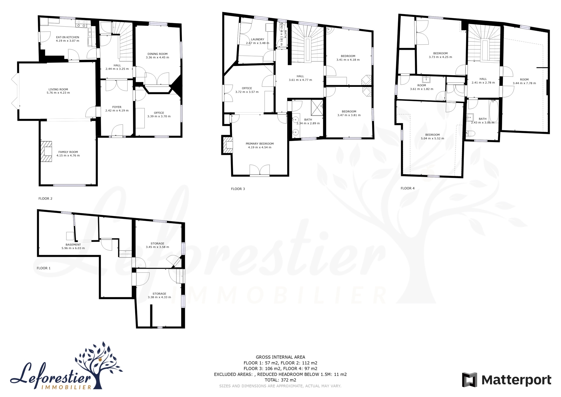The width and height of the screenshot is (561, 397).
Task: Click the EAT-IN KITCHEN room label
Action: point(68,37)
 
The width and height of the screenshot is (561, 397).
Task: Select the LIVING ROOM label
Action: point(58,89)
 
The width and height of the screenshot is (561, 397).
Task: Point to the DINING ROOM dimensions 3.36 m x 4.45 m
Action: point(157,57)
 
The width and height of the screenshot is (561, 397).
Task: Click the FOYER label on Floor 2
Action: point(117,107)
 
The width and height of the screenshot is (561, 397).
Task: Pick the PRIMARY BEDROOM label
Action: point(260,144)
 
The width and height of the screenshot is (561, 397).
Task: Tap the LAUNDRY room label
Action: point(257,39)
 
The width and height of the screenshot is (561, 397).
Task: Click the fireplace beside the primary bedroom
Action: point(227,145)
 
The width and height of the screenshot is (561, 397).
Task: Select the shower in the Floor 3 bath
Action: point(317,107)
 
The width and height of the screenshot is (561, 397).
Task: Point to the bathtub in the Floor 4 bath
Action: point(494,112)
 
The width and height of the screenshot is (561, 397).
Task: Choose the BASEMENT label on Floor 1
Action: point(73,245)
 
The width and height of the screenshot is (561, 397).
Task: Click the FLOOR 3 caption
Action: point(238,189)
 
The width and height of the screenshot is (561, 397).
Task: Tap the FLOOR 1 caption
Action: point(44,268)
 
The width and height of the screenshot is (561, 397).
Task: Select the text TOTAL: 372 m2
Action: point(280,380)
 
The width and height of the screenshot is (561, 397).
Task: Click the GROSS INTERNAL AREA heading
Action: point(280,357)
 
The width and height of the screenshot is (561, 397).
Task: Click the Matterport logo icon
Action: point(469,380)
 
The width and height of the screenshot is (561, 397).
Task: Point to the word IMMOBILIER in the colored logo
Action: point(66,387)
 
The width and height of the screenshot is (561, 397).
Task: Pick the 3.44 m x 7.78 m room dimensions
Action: point(524,83)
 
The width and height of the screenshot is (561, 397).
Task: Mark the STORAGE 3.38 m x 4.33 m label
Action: point(159,295)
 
